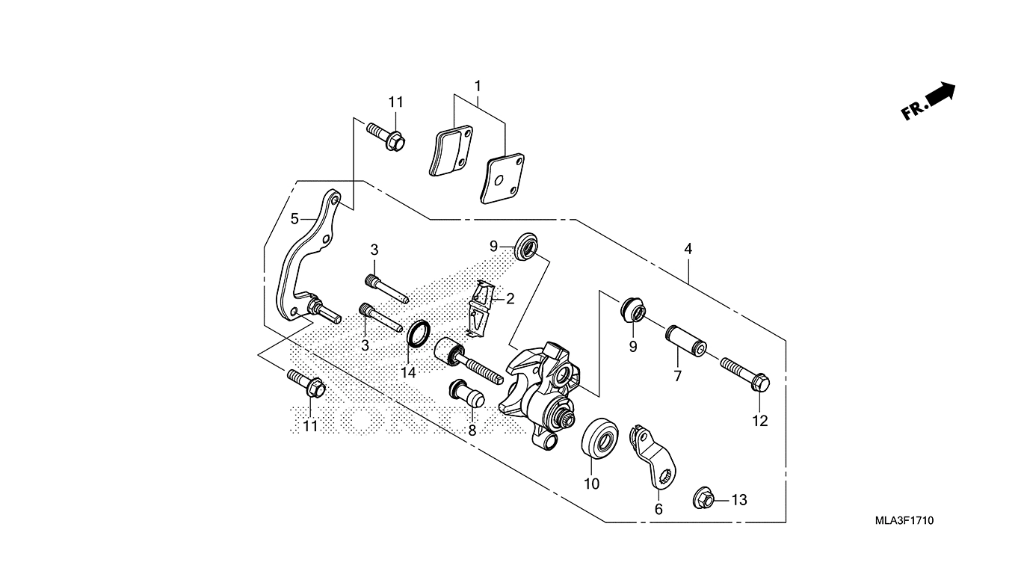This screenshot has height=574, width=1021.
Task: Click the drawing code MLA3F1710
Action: [x=904, y=520]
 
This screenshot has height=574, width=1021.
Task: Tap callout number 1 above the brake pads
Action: [x=478, y=86]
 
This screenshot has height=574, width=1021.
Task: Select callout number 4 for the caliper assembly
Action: [x=688, y=249]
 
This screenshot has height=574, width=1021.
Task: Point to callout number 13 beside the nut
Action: [x=739, y=500]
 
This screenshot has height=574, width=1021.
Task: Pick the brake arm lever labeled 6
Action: [x=652, y=455]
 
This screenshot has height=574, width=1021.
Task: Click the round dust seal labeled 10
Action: [x=600, y=438]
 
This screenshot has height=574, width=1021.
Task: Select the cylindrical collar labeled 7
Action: [x=686, y=341]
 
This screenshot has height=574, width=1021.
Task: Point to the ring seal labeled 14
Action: [x=419, y=333]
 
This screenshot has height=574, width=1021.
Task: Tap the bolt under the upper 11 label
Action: [x=385, y=136]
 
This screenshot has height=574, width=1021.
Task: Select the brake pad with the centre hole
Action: [x=502, y=179]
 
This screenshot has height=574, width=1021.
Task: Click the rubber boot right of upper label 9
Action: [x=526, y=247]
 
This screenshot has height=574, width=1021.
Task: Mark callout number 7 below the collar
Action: [x=677, y=377]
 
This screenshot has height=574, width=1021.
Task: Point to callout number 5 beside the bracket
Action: [x=294, y=219]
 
